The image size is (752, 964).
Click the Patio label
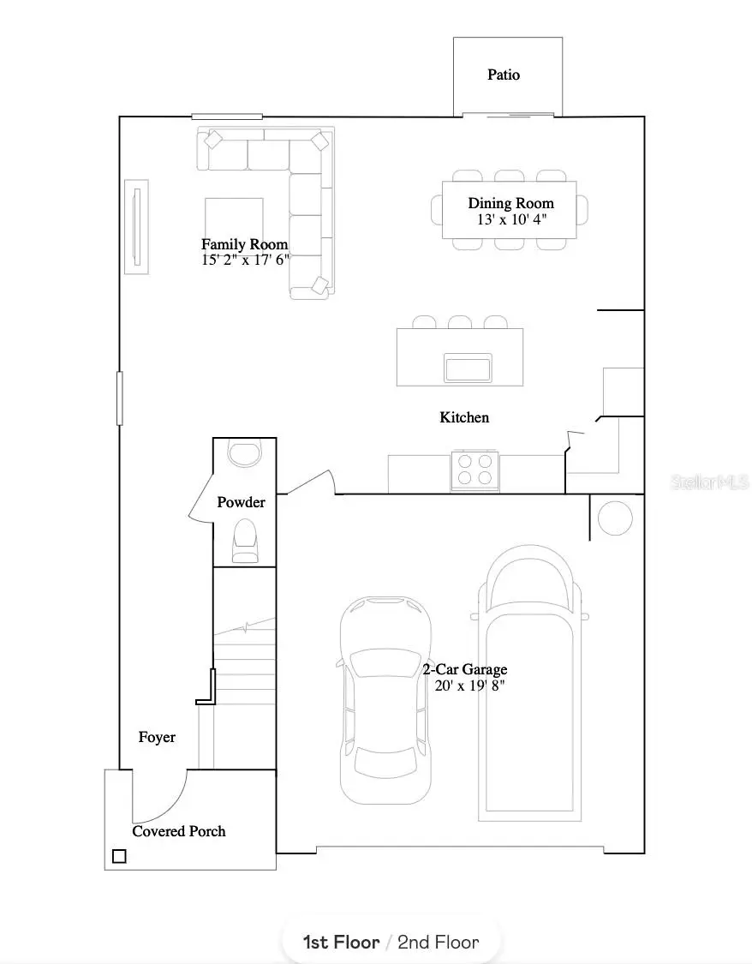504,75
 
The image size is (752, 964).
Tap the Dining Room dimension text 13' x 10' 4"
511,219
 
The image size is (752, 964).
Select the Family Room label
244,244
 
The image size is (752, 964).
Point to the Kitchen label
464,417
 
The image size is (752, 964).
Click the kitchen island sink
468,368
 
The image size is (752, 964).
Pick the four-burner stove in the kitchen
475,470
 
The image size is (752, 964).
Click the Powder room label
241,502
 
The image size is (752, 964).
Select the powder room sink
245,452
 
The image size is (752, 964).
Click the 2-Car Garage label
464,669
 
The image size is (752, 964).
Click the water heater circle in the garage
614,518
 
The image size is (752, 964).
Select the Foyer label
157,737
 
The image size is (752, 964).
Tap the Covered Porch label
179,831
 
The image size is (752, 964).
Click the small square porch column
119,855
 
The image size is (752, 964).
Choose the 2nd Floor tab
438,943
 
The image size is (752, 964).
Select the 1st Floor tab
341,943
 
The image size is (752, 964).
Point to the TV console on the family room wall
136,226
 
